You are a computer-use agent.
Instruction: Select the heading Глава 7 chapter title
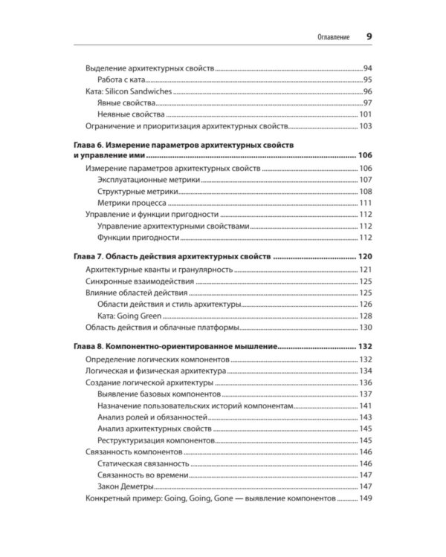[x=171, y=257]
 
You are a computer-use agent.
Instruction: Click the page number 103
[x=364, y=126]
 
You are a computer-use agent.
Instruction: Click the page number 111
[x=364, y=203]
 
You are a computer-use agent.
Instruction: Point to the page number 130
[x=364, y=328]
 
